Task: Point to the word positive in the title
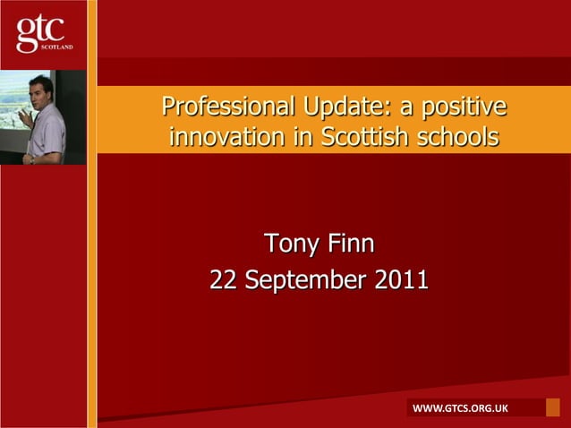(464, 107)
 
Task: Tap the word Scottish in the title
(375, 138)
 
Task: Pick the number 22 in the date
(223, 281)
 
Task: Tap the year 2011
(402, 281)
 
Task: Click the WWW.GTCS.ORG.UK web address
(459, 409)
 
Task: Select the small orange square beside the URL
(552, 407)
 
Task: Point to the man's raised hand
(24, 114)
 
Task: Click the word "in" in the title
(291, 138)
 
